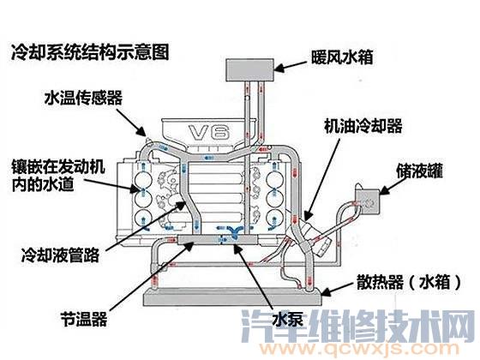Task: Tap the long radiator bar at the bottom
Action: (x=231, y=300)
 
